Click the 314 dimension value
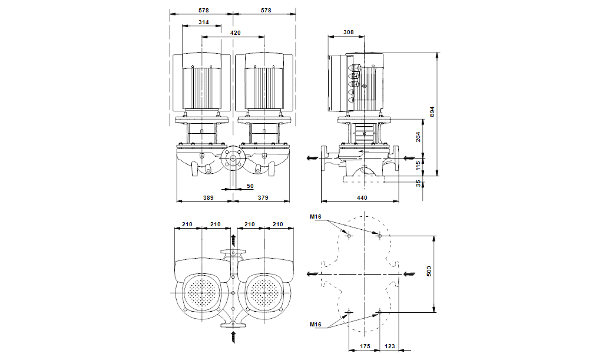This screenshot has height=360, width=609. pyautogui.click(x=204, y=22)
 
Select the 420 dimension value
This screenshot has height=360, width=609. pyautogui.click(x=235, y=34)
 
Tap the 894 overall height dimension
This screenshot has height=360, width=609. pyautogui.click(x=432, y=112)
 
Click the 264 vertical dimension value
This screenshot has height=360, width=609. pyautogui.click(x=419, y=137)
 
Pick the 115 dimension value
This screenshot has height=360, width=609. pyautogui.click(x=419, y=166)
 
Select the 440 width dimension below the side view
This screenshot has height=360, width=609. pyautogui.click(x=362, y=198)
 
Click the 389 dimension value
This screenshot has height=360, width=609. pyautogui.click(x=208, y=198)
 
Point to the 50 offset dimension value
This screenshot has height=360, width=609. pyautogui.click(x=250, y=186)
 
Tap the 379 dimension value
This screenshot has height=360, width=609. pyautogui.click(x=263, y=198)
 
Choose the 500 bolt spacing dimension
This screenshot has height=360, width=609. pyautogui.click(x=429, y=271)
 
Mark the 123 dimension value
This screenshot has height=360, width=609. pyautogui.click(x=390, y=347)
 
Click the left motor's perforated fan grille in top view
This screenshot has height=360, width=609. pyautogui.click(x=203, y=293)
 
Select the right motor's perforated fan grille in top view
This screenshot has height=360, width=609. pyautogui.click(x=266, y=293)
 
